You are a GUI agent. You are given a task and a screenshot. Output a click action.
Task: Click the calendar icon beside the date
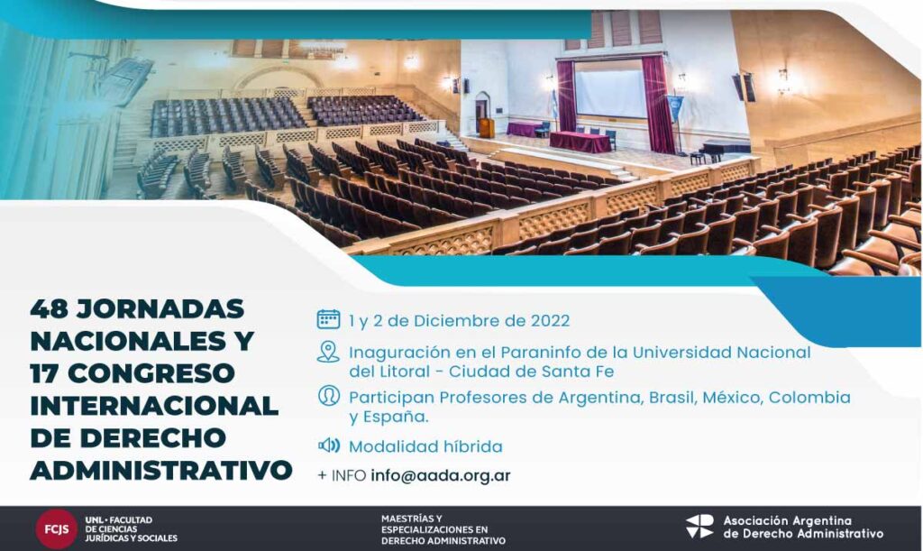point(328,319)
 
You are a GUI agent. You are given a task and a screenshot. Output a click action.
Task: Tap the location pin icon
point(328,352)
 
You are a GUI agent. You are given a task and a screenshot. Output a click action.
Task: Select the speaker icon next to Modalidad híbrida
point(328,445)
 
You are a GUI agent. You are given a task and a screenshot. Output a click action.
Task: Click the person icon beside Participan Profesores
point(328,395)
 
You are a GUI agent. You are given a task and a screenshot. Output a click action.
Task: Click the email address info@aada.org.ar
point(440,475)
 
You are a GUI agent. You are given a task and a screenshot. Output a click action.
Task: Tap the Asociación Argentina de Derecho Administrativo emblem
point(699,527)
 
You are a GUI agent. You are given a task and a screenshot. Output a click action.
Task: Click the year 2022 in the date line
point(550,321)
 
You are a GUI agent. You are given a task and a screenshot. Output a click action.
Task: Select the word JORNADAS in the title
point(160,308)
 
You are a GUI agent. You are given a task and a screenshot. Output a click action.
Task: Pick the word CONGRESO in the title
point(151,372)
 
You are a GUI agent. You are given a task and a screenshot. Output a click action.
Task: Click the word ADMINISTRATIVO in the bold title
point(160,470)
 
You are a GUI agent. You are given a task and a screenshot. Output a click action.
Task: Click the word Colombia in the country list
point(809,398)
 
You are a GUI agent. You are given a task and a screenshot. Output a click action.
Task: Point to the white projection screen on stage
point(610,93)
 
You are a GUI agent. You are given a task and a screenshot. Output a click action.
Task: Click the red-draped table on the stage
point(580,142)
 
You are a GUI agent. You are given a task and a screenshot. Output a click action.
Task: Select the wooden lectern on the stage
point(486,128)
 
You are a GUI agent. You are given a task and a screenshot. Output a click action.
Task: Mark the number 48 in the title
point(49,308)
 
